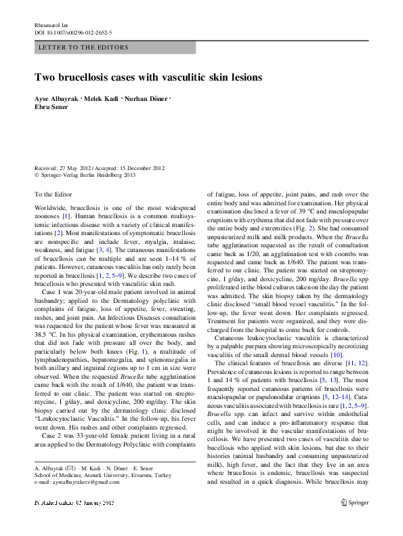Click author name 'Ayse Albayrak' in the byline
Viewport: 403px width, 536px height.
click(x=57, y=101)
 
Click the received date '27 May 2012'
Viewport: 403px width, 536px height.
click(x=77, y=168)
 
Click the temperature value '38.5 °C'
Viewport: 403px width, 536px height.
click(x=45, y=334)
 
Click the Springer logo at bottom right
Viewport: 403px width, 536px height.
click(x=356, y=522)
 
